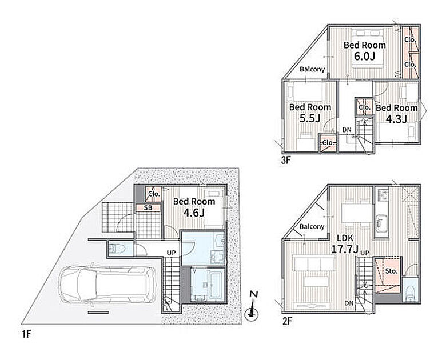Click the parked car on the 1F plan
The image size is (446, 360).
coord(107,285)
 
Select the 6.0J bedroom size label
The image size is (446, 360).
coord(364,56)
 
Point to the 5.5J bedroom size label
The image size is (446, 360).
coord(310,118)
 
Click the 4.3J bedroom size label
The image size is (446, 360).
coord(396,119)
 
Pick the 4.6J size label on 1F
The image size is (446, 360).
coord(194,213)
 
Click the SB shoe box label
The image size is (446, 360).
coord(148,208)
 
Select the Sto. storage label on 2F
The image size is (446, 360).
coord(391,271)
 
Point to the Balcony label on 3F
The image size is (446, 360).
coord(312,69)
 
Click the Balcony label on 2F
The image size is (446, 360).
coord(312,227)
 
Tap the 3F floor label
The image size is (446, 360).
coord(286,161)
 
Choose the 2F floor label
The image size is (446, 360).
coord(287,321)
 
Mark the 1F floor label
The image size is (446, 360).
coord(26,334)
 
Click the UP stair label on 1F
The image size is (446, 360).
coord(171,253)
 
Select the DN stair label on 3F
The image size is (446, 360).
coord(347,130)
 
